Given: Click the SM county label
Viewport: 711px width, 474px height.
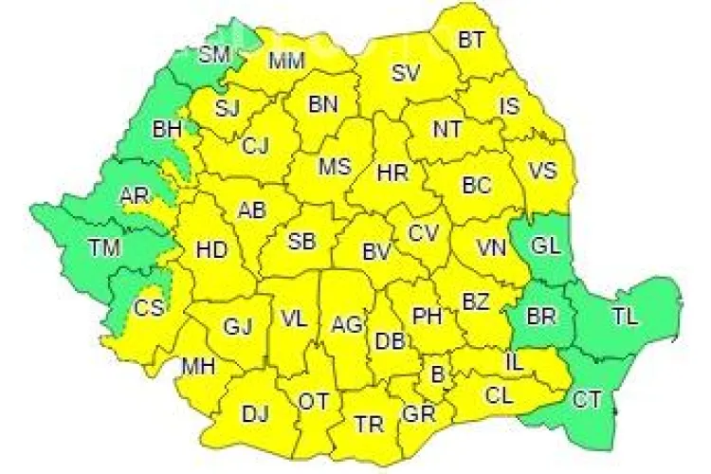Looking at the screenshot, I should tap(214, 54).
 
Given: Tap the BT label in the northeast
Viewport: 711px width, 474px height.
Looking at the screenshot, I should tap(470, 40).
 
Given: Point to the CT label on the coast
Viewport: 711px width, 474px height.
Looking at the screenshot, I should tap(585, 400).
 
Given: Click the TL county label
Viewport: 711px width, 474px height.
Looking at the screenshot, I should tap(625, 316).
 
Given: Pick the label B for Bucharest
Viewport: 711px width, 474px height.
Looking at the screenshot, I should tap(437, 374).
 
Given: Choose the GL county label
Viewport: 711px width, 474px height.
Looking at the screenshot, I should tap(545, 246).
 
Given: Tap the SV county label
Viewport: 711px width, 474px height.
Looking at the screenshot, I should tap(406, 72).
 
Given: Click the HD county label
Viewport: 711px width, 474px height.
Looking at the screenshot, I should tap(210, 251).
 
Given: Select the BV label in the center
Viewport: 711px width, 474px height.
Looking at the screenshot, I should tap(376, 252).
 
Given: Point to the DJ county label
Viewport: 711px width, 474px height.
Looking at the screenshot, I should tap(254, 412).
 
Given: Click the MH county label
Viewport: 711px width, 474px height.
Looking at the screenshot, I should tap(197, 366).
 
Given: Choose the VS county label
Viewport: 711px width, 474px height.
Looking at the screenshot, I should tap(541, 171).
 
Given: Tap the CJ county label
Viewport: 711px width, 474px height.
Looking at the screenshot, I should tap(255, 145).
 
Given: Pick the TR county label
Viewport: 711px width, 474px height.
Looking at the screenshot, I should tap(369, 424).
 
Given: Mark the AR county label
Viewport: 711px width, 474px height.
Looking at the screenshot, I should tap(133, 197).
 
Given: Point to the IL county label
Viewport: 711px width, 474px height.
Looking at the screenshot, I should tap(513, 360).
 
